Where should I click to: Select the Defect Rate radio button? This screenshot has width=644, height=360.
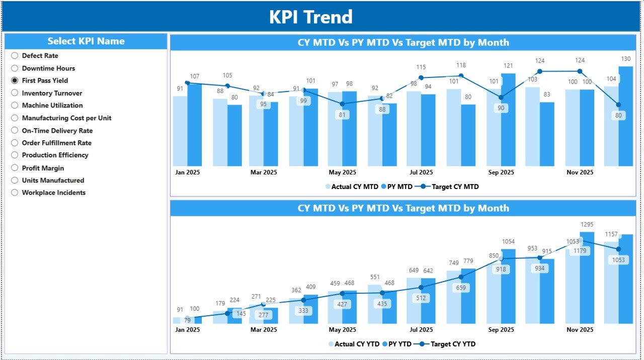[x=15, y=56]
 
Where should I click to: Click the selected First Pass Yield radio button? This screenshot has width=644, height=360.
[x=15, y=80]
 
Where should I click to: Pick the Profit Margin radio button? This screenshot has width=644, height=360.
[x=15, y=168]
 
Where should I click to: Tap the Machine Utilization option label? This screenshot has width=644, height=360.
[x=52, y=106]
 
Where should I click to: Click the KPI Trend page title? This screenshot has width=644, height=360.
[x=310, y=17]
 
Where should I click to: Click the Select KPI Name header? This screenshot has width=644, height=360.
[x=86, y=41]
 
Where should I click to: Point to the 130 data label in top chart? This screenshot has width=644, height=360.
[x=626, y=59]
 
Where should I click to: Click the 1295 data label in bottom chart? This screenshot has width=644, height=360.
[x=586, y=224]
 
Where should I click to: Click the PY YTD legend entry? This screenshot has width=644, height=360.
[x=397, y=344]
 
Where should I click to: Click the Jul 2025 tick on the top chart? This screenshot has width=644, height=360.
[x=421, y=172]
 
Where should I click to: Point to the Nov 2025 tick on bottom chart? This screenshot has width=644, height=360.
[x=580, y=330]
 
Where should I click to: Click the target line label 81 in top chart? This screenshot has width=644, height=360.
[x=342, y=115]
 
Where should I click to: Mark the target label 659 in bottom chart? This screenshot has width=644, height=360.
[x=461, y=288]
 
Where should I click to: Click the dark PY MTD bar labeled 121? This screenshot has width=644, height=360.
[x=508, y=121]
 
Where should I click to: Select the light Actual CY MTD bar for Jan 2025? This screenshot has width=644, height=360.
[x=180, y=131]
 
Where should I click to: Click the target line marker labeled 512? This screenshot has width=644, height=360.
[x=421, y=288]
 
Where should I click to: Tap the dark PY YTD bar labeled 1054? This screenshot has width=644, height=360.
[x=508, y=287]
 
